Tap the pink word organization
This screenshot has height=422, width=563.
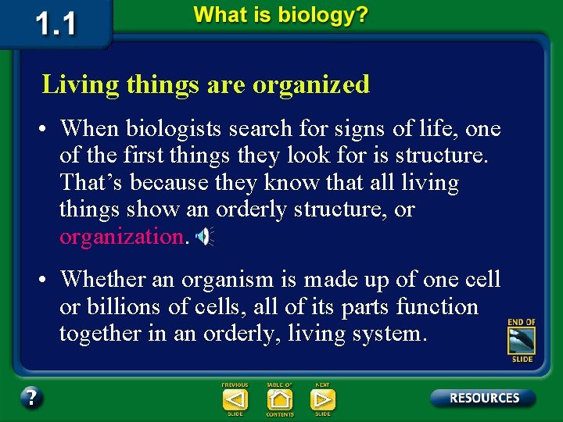pyautogui.click(x=121, y=237)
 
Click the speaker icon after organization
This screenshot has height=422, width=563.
pyautogui.click(x=204, y=237)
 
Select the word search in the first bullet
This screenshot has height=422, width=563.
pyautogui.click(x=263, y=128)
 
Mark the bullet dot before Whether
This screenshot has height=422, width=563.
pyautogui.click(x=48, y=280)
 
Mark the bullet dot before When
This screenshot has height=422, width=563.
pyautogui.click(x=48, y=129)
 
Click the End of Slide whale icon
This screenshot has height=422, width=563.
pyautogui.click(x=522, y=341)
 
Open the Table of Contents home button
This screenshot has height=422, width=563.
pyautogui.click(x=279, y=399)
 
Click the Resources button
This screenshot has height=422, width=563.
pyautogui.click(x=483, y=398)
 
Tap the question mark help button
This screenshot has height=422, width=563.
pyautogui.click(x=31, y=398)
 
